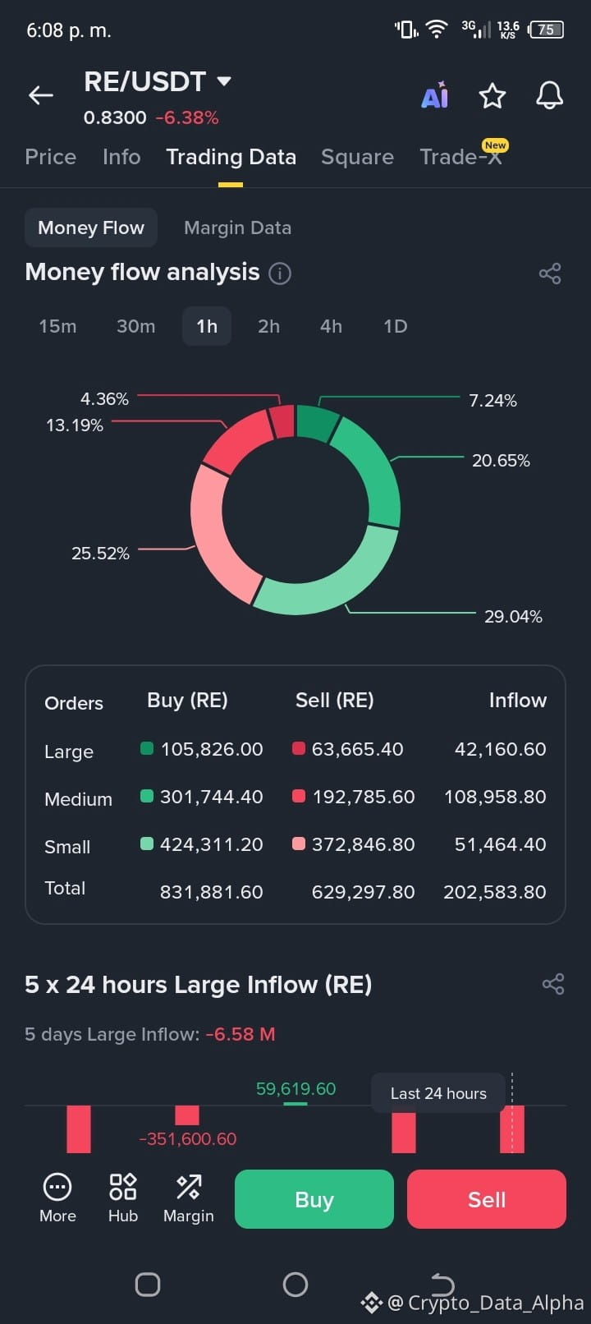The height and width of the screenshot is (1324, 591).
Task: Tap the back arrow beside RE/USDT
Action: coord(41,94)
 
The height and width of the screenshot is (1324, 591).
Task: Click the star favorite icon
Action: coord(492,96)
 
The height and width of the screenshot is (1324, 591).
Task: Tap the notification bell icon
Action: coord(549,95)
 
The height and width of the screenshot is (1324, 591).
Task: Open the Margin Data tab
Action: coord(237,228)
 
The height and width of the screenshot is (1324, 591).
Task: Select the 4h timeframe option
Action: coord(331,326)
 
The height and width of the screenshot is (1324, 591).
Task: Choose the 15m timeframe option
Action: coord(58,326)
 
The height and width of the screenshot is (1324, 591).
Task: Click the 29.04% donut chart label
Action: coord(513,617)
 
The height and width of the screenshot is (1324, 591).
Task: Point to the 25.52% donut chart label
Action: coord(100,554)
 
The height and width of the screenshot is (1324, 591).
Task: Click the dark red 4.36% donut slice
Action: coord(282,421)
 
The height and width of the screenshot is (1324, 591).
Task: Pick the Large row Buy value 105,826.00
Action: coord(212,749)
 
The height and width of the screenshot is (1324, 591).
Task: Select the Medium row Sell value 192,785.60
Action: coord(364,797)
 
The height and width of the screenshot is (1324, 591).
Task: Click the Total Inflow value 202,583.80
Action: coord(495,892)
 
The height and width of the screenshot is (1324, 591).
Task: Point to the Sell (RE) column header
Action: coord(335,701)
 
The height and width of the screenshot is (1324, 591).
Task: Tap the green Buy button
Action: coord(314,1199)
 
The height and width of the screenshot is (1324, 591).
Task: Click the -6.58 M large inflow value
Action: coord(241,1034)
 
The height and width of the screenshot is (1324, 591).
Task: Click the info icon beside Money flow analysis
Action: coord(280,274)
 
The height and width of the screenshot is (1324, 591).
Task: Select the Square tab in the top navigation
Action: coord(357,157)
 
